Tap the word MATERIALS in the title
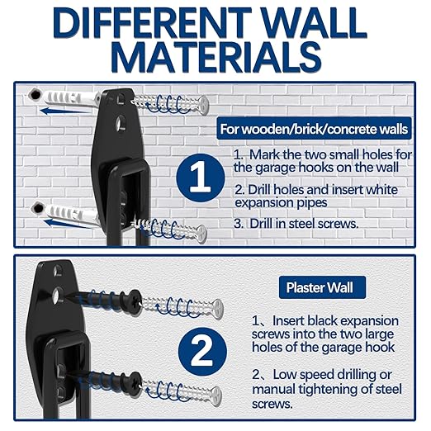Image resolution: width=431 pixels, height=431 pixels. [x=216, y=57]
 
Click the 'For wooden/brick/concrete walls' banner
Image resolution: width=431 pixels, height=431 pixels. [x=314, y=129]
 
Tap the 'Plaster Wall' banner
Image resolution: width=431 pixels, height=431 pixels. [x=322, y=287]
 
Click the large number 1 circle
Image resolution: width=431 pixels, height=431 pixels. [x=201, y=178]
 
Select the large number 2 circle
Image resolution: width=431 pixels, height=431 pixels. [x=202, y=352]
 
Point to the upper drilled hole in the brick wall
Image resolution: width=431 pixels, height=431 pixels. [x=36, y=95]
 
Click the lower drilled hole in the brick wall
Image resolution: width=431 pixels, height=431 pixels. [x=37, y=207]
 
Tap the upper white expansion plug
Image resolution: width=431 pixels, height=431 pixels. [x=69, y=99]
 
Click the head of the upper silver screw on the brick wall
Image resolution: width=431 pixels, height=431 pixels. [x=203, y=105]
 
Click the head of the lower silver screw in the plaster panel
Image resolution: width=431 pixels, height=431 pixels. [x=216, y=396]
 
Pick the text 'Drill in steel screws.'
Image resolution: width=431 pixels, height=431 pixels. [x=304, y=224]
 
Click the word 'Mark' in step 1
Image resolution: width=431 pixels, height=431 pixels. [x=265, y=154]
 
